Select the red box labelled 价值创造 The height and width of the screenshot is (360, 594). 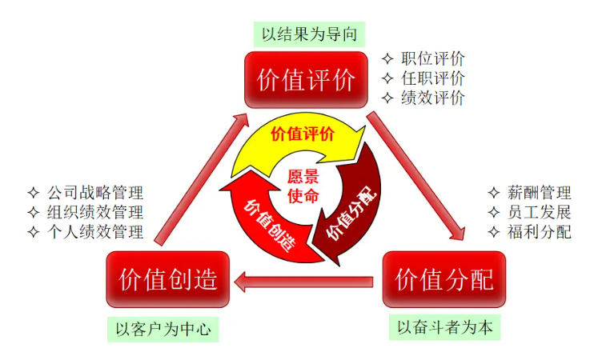click(x=168, y=279)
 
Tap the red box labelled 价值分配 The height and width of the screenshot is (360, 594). click(x=444, y=279)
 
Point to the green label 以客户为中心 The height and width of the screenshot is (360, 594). click(x=163, y=328)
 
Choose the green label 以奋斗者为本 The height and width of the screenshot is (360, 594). click(x=444, y=327)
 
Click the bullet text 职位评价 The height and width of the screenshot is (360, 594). click(x=433, y=58)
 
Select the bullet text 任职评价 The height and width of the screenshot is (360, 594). click(x=433, y=78)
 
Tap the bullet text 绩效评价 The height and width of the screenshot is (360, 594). click(x=433, y=98)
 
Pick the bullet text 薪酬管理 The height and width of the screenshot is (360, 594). click(x=539, y=193)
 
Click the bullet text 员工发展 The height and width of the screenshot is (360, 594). click(x=539, y=213)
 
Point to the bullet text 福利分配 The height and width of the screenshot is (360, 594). click(x=539, y=233)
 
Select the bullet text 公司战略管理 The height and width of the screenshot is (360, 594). click(x=94, y=193)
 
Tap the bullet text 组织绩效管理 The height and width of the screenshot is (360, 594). click(x=94, y=213)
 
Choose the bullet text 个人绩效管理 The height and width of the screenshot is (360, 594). click(x=94, y=233)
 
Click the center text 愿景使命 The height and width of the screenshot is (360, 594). click(x=303, y=186)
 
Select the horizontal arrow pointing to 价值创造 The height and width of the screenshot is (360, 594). click(x=304, y=281)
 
